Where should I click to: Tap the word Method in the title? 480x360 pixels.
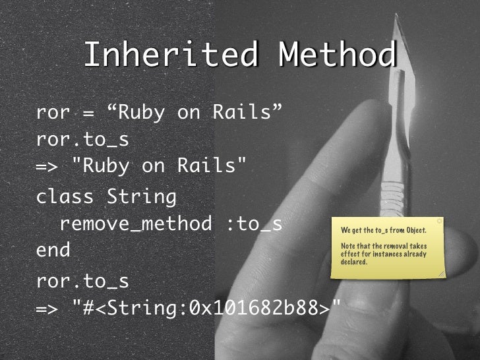coord(338,55)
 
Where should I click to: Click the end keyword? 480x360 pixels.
coord(53,252)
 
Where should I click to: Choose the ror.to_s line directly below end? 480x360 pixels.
coord(82,282)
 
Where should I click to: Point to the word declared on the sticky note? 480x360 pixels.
coord(354,262)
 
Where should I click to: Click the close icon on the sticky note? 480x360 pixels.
coord(439,222)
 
